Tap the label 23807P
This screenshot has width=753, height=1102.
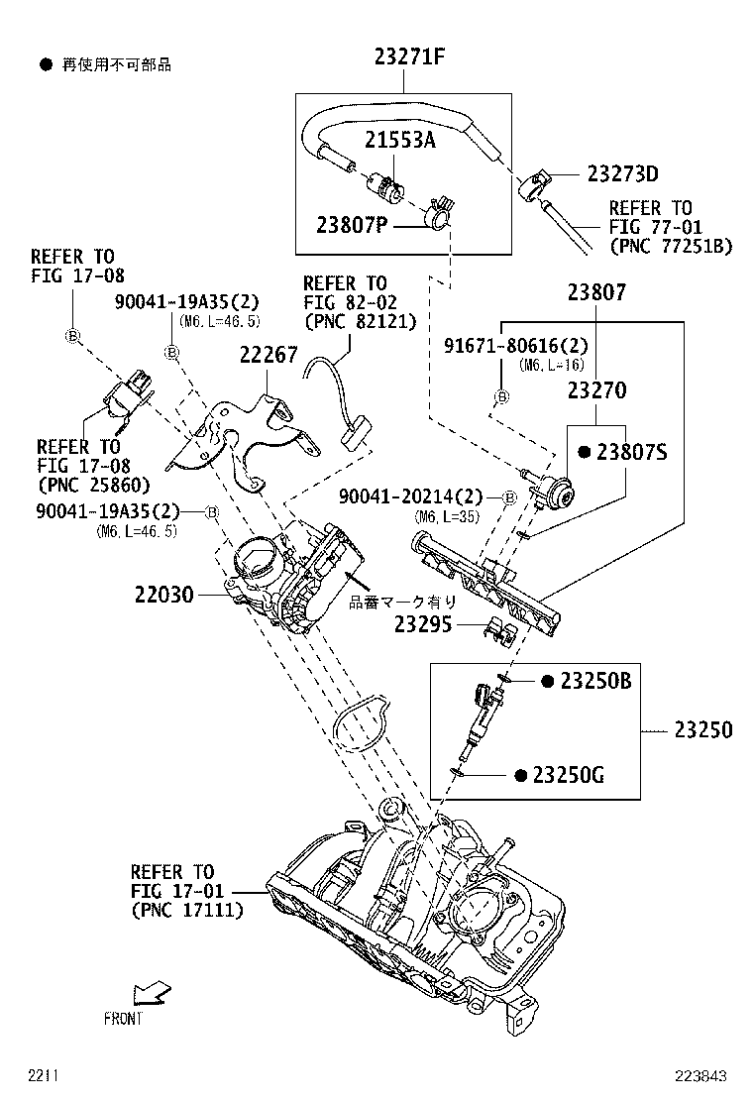click(x=352, y=225)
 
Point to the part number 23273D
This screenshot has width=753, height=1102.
click(x=622, y=174)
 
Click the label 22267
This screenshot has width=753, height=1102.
click(x=268, y=355)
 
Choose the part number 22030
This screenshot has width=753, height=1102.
click(x=166, y=596)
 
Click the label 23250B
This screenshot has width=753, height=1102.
click(x=595, y=681)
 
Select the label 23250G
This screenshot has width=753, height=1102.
click(x=568, y=775)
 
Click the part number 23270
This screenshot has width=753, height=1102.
click(x=596, y=390)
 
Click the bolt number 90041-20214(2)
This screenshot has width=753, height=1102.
click(x=418, y=496)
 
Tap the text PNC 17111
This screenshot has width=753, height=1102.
click(x=187, y=910)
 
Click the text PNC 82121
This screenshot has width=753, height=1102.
click(x=361, y=321)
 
